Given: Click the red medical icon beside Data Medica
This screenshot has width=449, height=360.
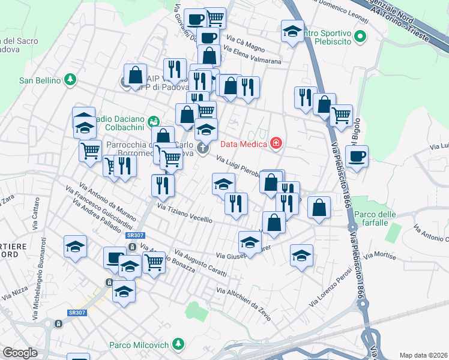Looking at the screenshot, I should coord(276,143).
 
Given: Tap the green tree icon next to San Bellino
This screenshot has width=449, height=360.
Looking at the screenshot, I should coord(71,79).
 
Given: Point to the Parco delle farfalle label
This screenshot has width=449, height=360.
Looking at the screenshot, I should coord(375,219).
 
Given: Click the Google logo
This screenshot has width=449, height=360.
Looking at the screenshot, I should coord(20,353).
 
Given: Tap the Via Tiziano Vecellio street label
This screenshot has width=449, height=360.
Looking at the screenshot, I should coord(184,214).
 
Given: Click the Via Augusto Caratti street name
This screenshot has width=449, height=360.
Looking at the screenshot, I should coord(201,264).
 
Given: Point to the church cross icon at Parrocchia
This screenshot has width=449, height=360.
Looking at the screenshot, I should coord(203,148).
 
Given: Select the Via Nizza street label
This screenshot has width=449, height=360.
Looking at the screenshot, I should coord(15,290).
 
